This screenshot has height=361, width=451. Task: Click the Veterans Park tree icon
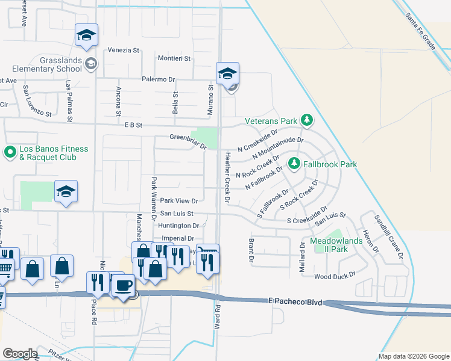[x=307, y=121]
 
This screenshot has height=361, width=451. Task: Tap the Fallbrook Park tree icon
[x=294, y=164]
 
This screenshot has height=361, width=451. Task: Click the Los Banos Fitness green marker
[x=10, y=153]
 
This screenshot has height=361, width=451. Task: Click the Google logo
[x=20, y=354]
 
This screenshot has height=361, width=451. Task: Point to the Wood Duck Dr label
[x=335, y=276]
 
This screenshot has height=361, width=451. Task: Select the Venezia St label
[x=124, y=50]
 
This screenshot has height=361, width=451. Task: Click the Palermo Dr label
[x=158, y=79]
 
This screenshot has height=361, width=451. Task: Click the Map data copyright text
[x=412, y=356]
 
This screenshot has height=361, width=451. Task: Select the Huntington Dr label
[x=179, y=226]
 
